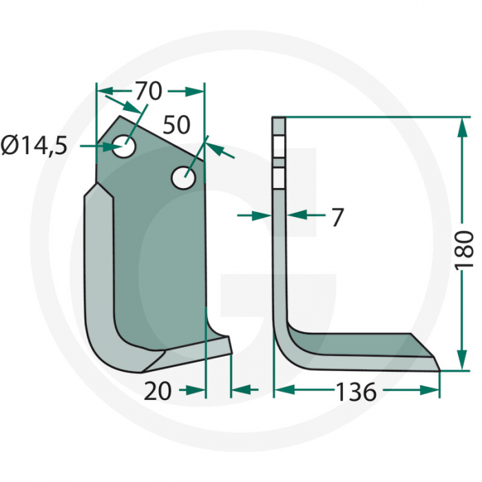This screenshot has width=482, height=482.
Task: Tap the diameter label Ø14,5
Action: pos(34,146)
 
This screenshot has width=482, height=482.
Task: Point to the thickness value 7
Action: pos(337,217)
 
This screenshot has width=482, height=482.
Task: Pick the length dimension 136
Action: pos(356,392)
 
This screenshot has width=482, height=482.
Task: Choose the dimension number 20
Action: pos(158,391)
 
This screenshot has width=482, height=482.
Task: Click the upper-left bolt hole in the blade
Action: pos(125,147)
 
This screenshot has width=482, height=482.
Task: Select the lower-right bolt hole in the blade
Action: pos(182,178)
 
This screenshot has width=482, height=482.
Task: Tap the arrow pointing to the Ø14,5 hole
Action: pos(96,146)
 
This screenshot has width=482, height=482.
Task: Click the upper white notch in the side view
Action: pos(278,146)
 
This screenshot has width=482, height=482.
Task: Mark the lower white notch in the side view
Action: pos(278,179)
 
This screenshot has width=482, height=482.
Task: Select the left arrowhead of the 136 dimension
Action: pos(282,391)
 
